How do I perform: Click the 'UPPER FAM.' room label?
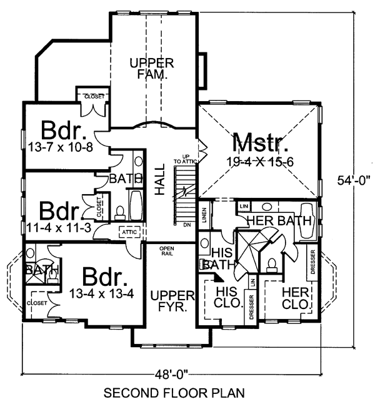click(x=151, y=69)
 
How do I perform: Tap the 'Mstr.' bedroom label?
click(x=261, y=144)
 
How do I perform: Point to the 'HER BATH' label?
click(x=272, y=220)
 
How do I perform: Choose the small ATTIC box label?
click(x=129, y=232)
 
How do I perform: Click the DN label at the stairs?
click(x=186, y=223)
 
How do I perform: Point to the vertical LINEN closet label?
click(x=204, y=215)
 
